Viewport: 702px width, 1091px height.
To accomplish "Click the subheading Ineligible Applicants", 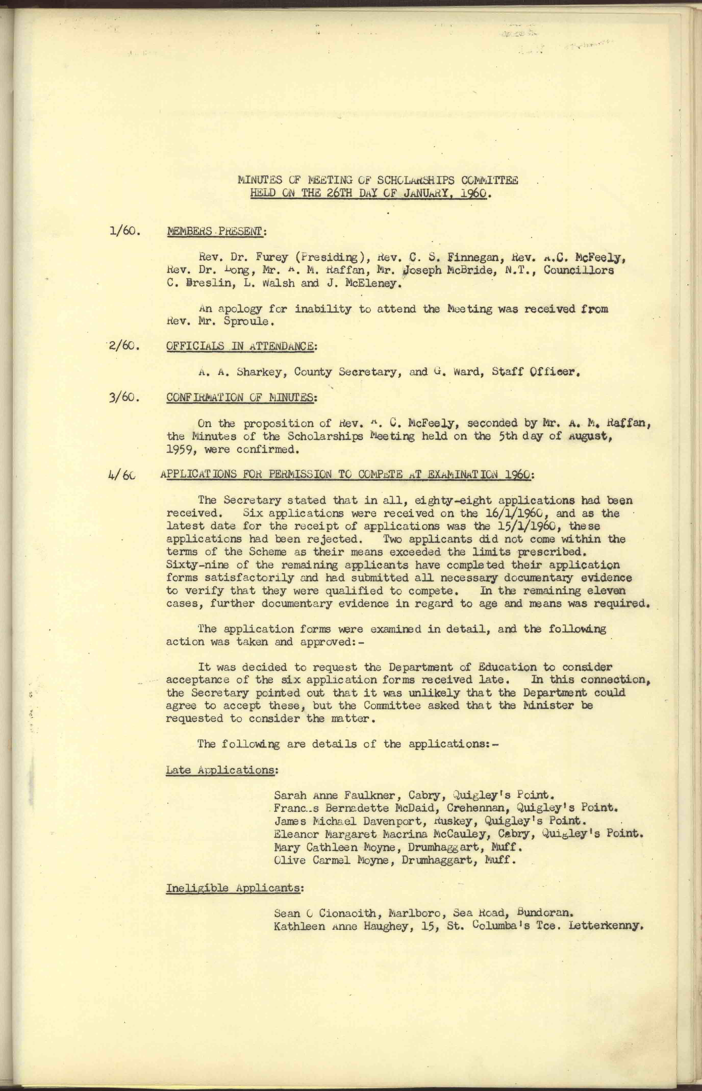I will [x=233, y=888].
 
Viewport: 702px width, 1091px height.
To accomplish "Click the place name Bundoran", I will [x=544, y=913].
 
